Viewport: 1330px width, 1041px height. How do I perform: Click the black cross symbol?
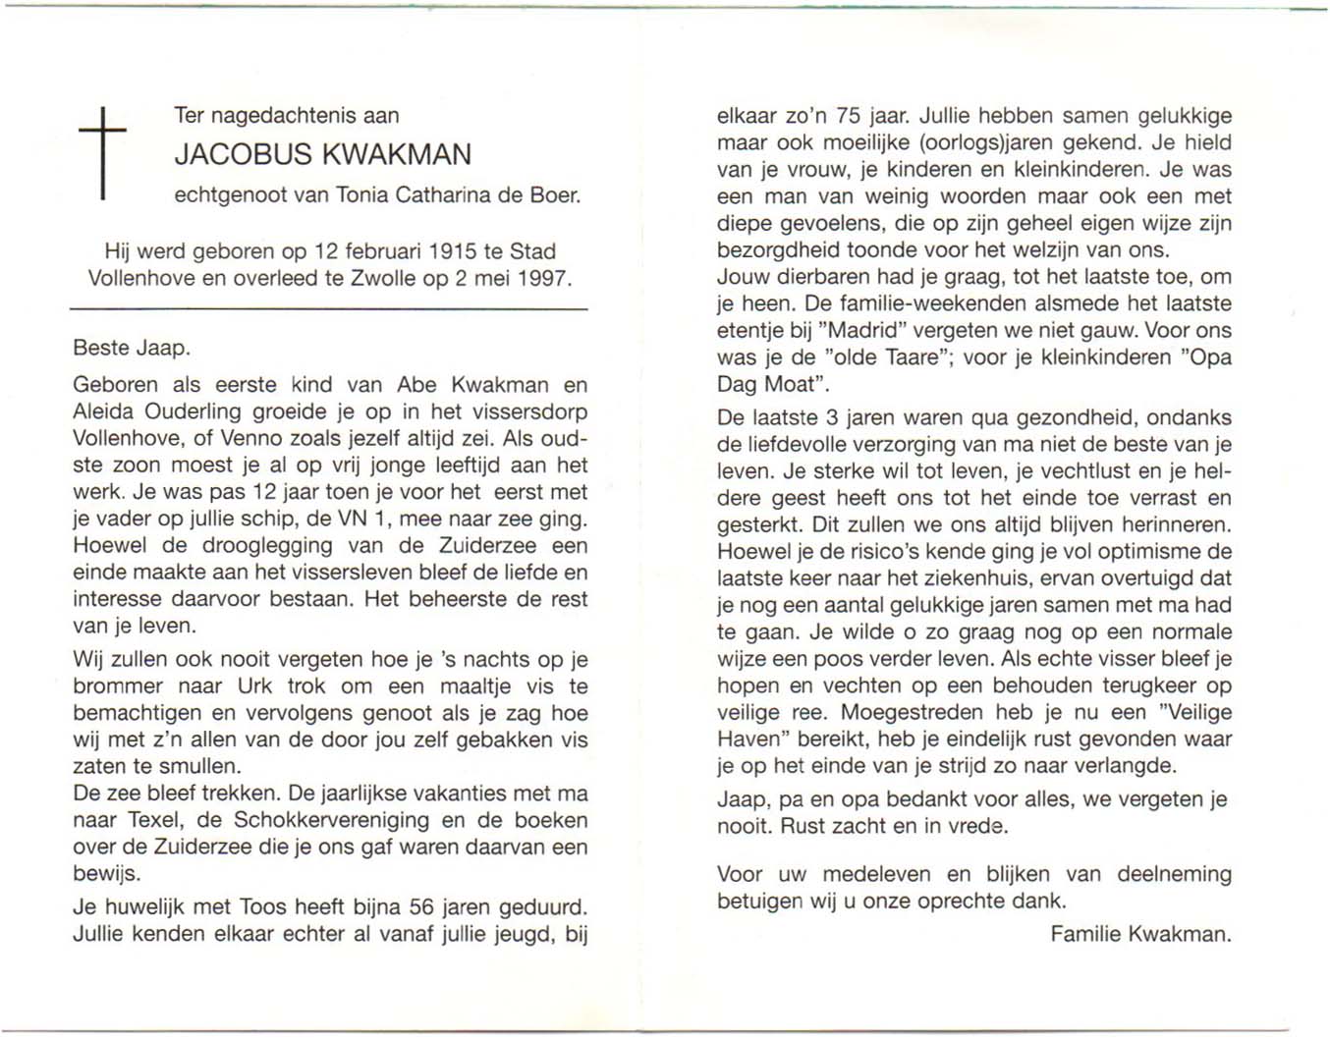(102, 152)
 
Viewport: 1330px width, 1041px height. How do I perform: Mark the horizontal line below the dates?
(328, 309)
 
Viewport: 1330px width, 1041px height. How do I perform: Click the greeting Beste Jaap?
(132, 348)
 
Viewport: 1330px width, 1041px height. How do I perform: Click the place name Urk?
(253, 686)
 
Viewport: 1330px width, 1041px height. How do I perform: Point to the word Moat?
(790, 384)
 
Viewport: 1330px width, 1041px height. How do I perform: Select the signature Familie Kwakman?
(1139, 934)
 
